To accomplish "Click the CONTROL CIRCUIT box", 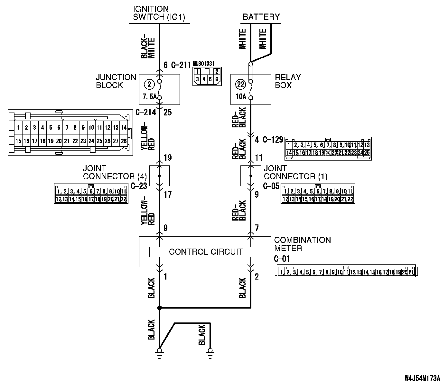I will pos(205,252).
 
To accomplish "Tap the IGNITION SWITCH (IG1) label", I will pos(159,13).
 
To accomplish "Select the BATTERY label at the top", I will pos(261,17).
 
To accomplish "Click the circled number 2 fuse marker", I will pos(149,84).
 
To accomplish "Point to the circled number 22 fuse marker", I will pos(240,84).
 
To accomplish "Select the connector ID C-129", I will pos(273,140).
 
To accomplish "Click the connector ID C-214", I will pos(146,113).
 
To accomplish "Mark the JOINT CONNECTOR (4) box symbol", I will pos(160,176).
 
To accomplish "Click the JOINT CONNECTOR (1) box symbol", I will pos(251,176).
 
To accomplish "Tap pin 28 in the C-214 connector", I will pos(124,141).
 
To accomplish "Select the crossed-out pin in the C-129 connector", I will pos(328,153).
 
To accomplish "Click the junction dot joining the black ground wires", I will pos(159,308).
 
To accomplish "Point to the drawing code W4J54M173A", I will pos(422,378).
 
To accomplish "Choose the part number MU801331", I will pos(204,64).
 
